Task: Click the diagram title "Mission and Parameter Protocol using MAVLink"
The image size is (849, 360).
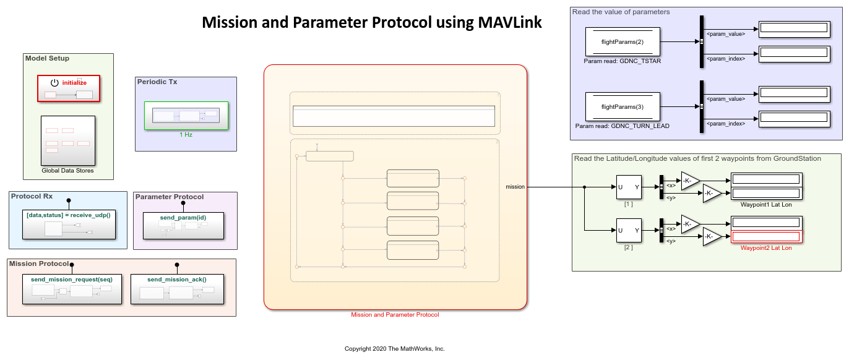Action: tap(372, 23)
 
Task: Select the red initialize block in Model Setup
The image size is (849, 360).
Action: tap(68, 88)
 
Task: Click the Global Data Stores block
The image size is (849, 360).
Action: tap(68, 140)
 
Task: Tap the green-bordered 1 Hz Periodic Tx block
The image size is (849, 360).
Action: tap(186, 116)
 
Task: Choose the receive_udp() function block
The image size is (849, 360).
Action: tap(69, 225)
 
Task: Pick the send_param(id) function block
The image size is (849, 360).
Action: tap(183, 225)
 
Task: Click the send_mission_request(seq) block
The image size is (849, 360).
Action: tap(72, 289)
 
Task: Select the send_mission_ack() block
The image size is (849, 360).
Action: tap(177, 289)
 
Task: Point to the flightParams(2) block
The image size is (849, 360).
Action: tap(623, 42)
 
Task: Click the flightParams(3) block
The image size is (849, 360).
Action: tap(623, 107)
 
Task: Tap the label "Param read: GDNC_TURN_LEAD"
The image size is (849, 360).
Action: tap(623, 126)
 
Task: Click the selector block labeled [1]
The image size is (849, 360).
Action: tap(629, 187)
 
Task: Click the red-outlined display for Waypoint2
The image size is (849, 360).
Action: tap(767, 237)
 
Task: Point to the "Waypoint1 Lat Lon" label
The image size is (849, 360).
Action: tap(766, 205)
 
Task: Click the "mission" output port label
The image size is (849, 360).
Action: tap(515, 187)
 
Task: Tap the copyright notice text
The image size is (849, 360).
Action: tap(395, 349)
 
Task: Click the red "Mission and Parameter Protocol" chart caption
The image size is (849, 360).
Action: tap(395, 315)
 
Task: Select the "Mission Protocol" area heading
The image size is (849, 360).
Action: tap(38, 264)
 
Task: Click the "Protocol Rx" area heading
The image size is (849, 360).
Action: tap(32, 197)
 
